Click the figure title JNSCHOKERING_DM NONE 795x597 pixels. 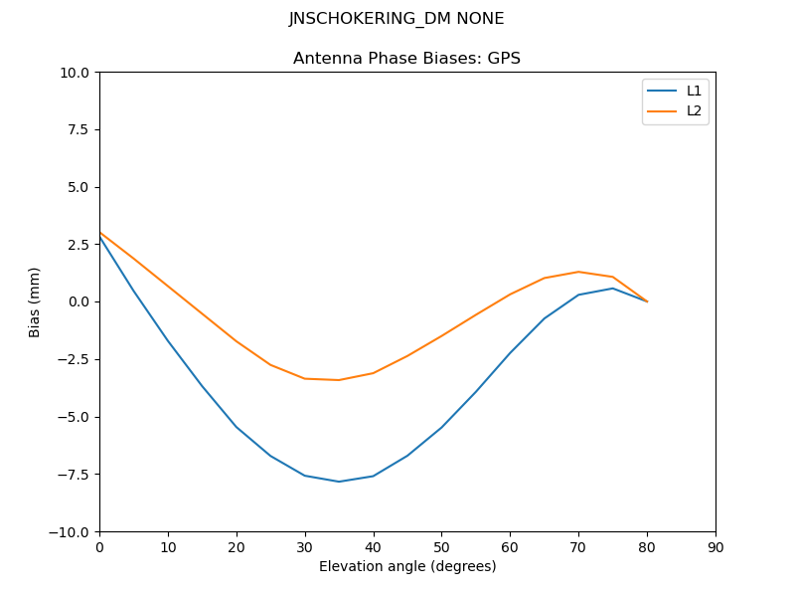[397, 19]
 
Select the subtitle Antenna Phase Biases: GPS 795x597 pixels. [406, 59]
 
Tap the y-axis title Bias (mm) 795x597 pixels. [35, 301]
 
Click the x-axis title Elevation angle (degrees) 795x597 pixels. [407, 566]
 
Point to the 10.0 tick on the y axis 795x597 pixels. [76, 73]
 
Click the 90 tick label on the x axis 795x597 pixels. [715, 547]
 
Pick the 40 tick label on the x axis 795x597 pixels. [374, 547]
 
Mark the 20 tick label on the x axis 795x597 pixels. [237, 547]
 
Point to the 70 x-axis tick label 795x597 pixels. [578, 547]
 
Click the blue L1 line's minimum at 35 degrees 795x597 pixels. [339, 482]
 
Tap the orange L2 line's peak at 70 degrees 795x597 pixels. [578, 272]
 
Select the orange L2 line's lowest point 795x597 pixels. [339, 380]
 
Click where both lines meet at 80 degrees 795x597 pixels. [647, 301]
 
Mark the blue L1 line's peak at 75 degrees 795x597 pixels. [613, 289]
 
